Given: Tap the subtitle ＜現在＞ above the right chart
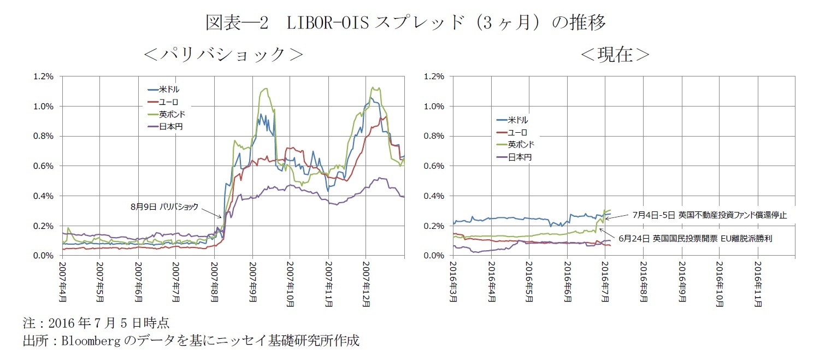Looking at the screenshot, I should pyautogui.click(x=615, y=54).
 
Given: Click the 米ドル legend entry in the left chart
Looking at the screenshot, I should pyautogui.click(x=164, y=89).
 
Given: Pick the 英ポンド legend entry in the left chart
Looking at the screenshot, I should pyautogui.click(x=167, y=114).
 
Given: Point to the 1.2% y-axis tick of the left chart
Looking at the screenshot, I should pyautogui.click(x=44, y=76).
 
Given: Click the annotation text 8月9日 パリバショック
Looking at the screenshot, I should pyautogui.click(x=164, y=207).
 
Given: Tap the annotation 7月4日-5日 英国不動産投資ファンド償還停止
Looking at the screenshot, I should pyautogui.click(x=709, y=215).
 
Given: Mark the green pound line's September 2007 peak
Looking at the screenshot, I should pyautogui.click(x=266, y=88).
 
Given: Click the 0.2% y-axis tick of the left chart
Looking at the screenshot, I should pyautogui.click(x=44, y=226).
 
